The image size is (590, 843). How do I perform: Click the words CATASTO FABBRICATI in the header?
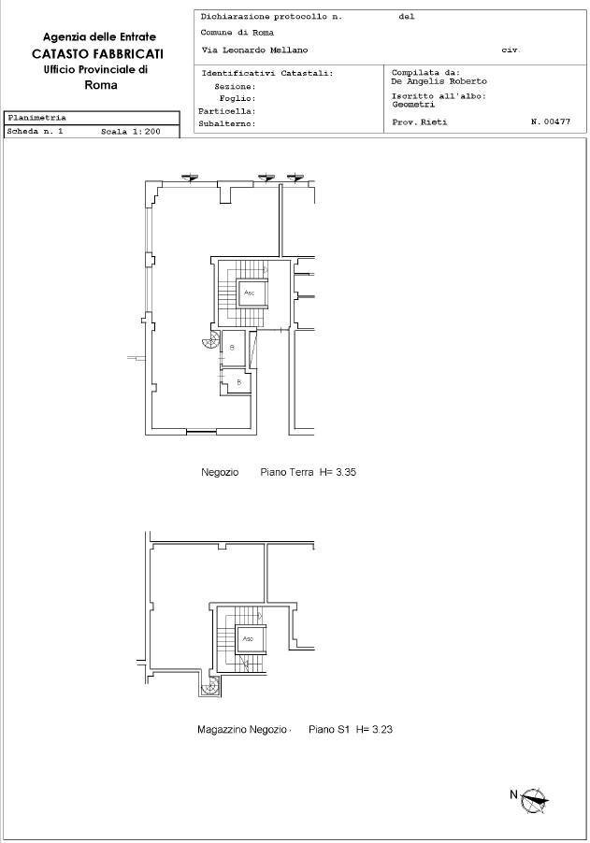[x=97, y=54]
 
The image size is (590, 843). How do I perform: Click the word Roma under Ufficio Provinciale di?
[x=100, y=85]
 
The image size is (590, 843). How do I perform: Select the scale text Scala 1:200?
[x=131, y=133]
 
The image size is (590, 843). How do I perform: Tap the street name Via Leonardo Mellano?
[x=254, y=50]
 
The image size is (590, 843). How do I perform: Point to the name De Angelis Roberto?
[x=439, y=81]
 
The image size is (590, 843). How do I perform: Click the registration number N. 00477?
[x=550, y=122]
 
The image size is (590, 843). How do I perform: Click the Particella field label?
[x=227, y=110]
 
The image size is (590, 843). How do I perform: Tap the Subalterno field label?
[x=227, y=123]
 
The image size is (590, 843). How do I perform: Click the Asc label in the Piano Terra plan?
[x=249, y=293]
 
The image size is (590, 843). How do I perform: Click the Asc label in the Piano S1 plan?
[x=248, y=639]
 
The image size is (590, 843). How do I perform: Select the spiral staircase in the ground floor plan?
[x=210, y=342]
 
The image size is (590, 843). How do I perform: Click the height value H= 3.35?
[x=338, y=473]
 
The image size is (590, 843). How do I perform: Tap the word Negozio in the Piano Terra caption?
[x=220, y=473]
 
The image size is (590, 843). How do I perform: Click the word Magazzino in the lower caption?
[x=222, y=729]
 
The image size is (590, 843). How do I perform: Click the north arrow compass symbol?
[x=534, y=799]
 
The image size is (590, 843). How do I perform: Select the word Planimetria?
[x=36, y=119]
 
